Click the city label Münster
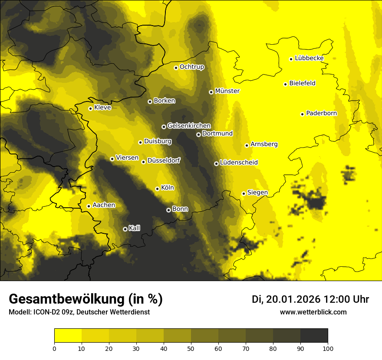click(227, 91)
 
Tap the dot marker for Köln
click(157, 189)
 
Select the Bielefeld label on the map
click(302, 83)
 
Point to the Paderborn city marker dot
click(302, 114)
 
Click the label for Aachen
click(104, 205)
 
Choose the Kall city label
click(135, 228)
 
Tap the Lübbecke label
click(309, 58)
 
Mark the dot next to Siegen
click(244, 193)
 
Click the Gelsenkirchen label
click(189, 126)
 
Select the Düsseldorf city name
click(164, 160)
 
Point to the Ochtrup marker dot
click(176, 68)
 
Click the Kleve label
click(102, 108)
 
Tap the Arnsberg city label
click(264, 144)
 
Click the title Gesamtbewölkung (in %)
click(86, 299)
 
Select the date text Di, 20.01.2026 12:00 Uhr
click(310, 299)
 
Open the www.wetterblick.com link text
click(313, 312)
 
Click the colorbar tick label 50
click(191, 348)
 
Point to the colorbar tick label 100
click(328, 348)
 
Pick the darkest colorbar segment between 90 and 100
click(314, 336)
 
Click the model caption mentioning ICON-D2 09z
click(79, 312)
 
